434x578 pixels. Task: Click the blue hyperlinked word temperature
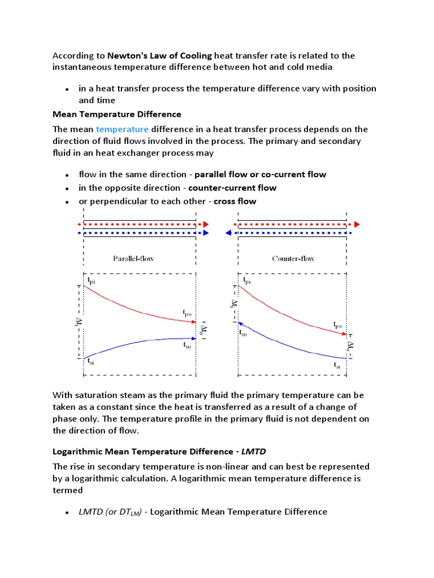122,129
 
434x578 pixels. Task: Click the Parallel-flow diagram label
133,259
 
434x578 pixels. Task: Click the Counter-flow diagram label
293,259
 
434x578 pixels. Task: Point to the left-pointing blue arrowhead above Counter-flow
229,233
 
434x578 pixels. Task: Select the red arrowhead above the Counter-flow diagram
357,224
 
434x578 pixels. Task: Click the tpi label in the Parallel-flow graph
91,280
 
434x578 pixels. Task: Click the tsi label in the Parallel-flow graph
91,364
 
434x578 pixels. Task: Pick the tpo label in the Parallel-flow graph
187,312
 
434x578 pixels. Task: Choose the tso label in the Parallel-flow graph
187,345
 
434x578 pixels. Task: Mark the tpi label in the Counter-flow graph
247,280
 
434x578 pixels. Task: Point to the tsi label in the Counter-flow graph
337,366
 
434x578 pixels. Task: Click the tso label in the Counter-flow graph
243,333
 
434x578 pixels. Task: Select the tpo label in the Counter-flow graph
337,326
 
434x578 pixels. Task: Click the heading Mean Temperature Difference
117,114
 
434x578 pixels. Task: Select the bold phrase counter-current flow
232,188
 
